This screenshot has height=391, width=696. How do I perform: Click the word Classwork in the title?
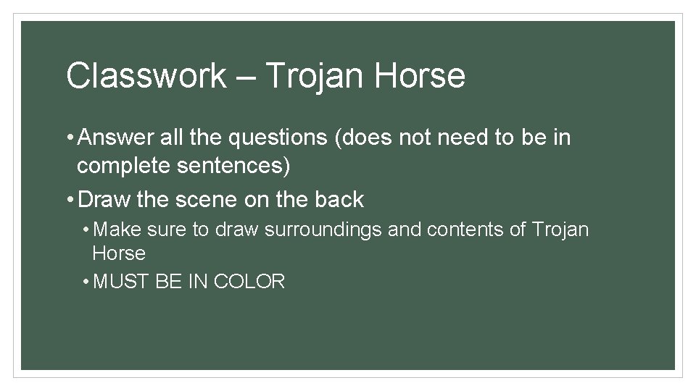tap(146, 76)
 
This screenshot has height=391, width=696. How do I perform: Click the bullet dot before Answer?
tap(69, 137)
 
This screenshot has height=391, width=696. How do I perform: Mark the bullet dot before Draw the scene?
tap(69, 199)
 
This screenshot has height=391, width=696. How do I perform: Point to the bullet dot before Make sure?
tap(86, 230)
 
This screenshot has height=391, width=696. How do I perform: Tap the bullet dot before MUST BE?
tap(86, 282)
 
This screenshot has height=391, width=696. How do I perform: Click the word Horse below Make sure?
tap(119, 253)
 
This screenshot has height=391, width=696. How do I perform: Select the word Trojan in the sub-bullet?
tap(560, 230)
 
